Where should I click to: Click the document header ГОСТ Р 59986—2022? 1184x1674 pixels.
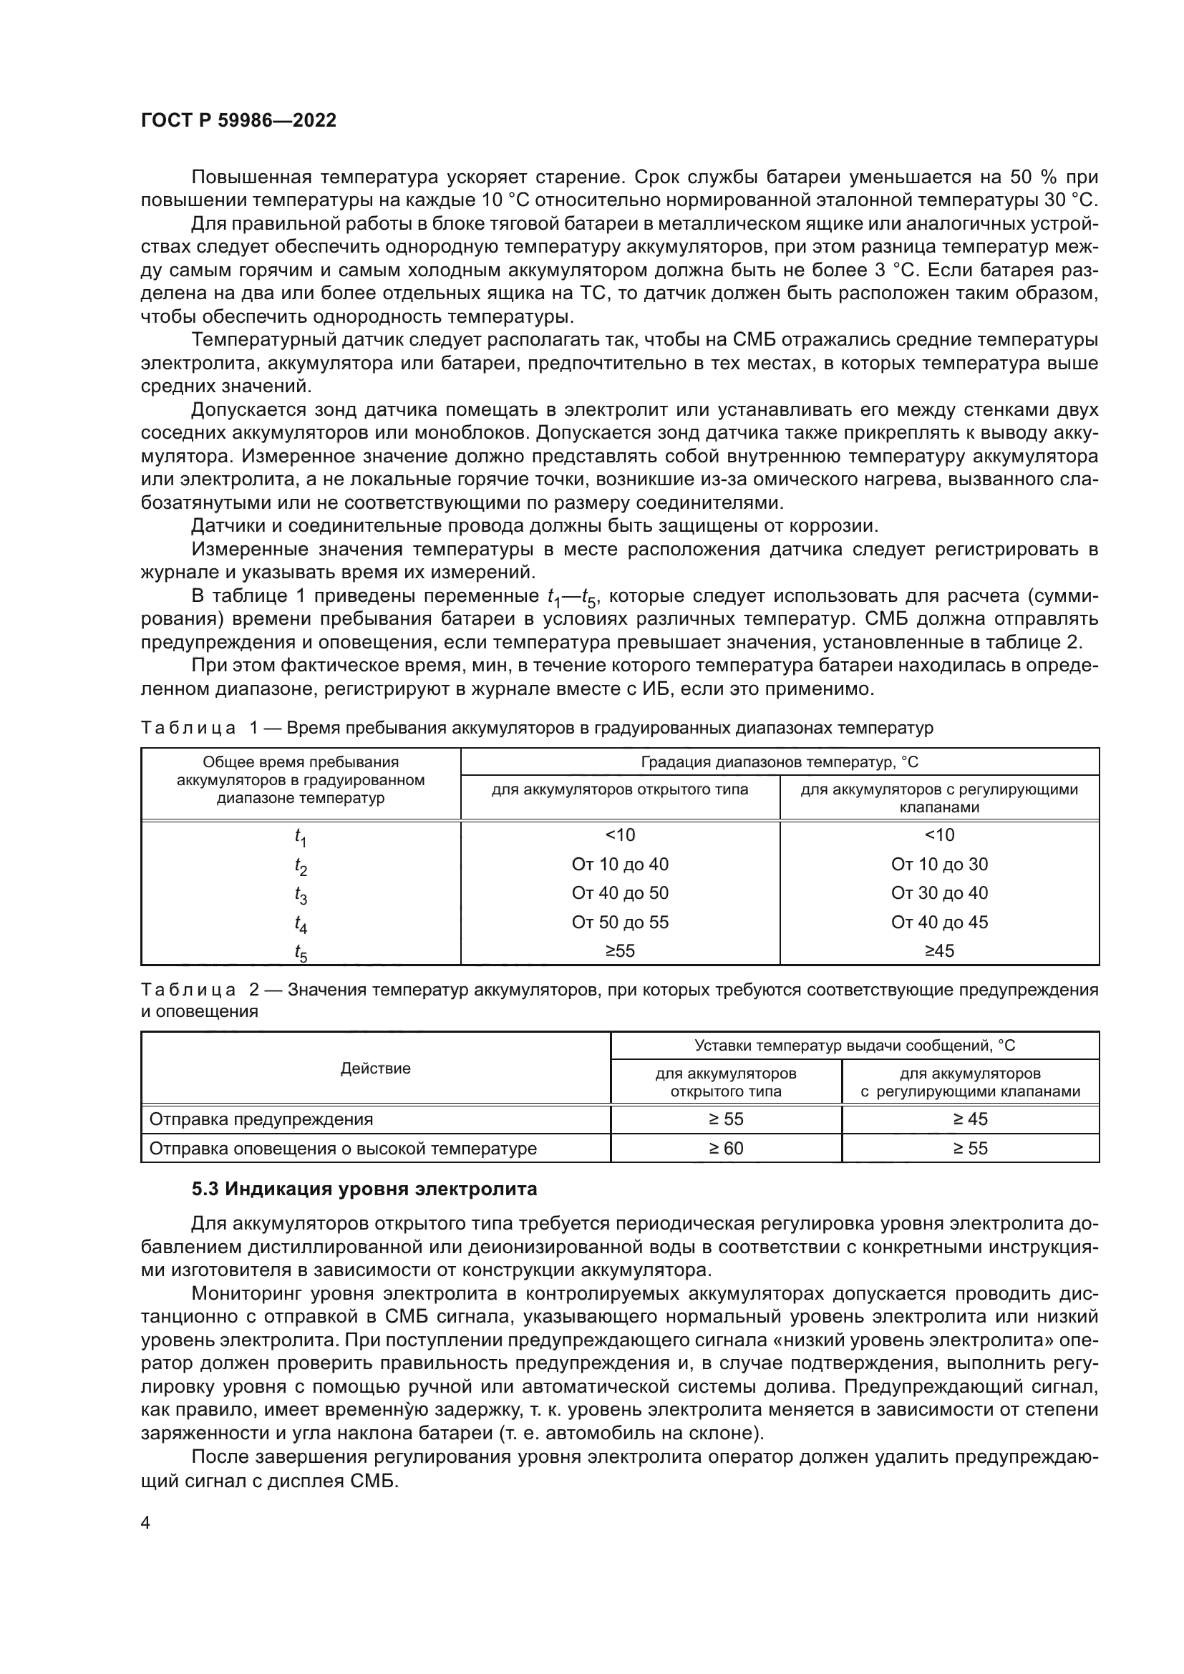tap(238, 121)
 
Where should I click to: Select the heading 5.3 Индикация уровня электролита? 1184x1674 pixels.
tap(364, 1189)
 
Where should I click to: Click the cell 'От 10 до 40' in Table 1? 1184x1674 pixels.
tap(620, 865)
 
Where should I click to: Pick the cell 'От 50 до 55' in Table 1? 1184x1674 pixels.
tap(620, 923)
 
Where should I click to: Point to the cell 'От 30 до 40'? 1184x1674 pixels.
tap(939, 893)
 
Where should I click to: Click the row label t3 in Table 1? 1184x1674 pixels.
tap(301, 895)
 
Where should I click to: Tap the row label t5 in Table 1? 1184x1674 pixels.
tap(301, 952)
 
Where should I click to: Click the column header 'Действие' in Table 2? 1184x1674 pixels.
tap(376, 1068)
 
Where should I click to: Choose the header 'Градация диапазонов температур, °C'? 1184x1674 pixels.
tap(780, 762)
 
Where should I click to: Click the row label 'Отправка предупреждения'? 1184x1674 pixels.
tap(261, 1119)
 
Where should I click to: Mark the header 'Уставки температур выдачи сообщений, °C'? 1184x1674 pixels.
tap(855, 1046)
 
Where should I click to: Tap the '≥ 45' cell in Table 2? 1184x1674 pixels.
tap(970, 1119)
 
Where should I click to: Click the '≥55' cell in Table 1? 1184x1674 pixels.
tap(620, 950)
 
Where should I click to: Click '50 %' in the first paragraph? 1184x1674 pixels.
tap(1033, 177)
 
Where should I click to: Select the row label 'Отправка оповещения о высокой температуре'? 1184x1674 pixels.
tap(343, 1149)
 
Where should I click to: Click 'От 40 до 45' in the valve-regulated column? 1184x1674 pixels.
tap(939, 923)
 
